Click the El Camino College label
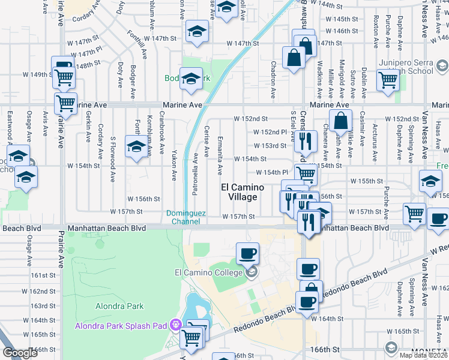(x=208, y=273)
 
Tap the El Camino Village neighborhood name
(x=243, y=192)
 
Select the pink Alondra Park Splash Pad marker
(x=175, y=326)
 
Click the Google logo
(x=20, y=352)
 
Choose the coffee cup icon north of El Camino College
(x=247, y=253)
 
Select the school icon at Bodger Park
(x=191, y=79)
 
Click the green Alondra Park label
(x=119, y=306)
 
